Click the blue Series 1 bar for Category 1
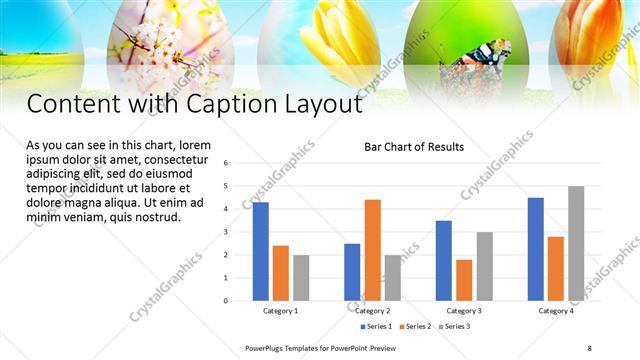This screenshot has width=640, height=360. (260, 251)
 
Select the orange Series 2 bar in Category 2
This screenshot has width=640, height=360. (372, 250)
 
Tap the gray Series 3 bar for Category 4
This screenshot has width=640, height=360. (575, 243)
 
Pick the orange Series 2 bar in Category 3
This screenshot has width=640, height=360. (464, 280)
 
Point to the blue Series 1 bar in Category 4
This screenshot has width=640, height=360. (535, 249)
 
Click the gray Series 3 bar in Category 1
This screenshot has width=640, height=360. (301, 278)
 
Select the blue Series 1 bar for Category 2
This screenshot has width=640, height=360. (352, 272)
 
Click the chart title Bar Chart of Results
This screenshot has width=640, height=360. (413, 147)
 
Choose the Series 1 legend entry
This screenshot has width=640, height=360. (376, 326)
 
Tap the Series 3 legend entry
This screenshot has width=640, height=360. (454, 326)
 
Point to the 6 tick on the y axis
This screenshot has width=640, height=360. (226, 163)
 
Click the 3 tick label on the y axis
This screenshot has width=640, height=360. (226, 232)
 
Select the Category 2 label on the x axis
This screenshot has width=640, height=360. (372, 311)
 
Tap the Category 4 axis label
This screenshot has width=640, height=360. (555, 311)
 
